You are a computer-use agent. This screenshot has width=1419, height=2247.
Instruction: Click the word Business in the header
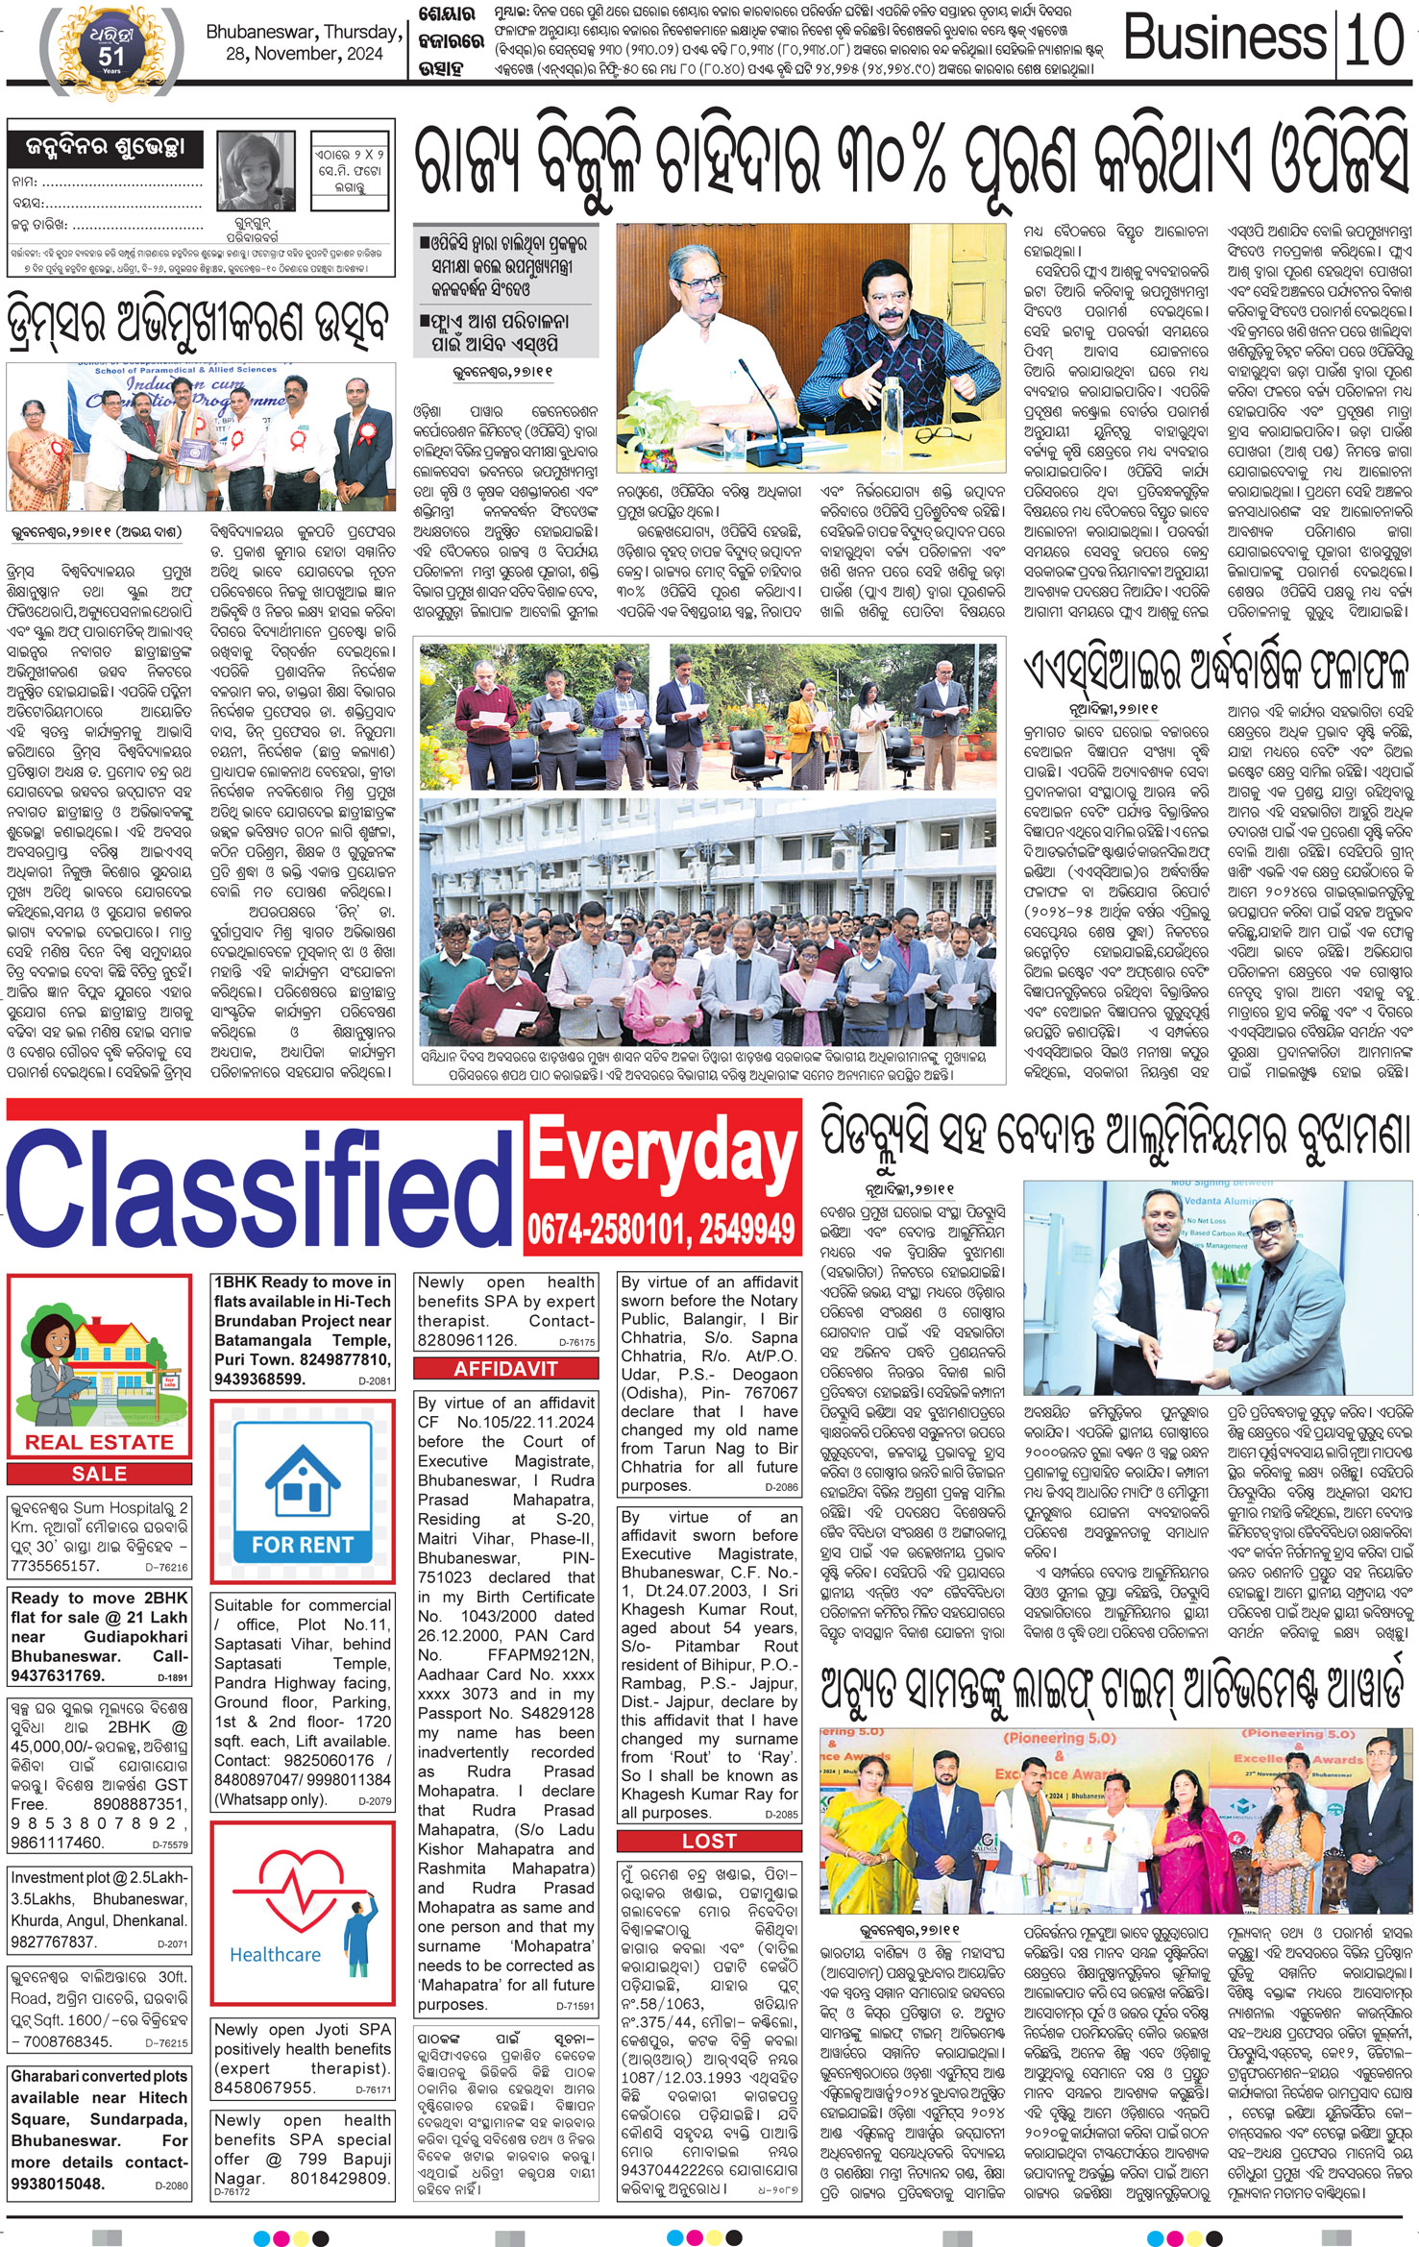(x=1227, y=39)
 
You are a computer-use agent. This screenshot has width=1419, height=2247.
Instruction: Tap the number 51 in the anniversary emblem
(x=111, y=56)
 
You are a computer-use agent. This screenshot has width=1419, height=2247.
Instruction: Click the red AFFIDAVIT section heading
(x=506, y=1369)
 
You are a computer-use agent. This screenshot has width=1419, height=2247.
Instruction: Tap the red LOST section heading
(x=709, y=1841)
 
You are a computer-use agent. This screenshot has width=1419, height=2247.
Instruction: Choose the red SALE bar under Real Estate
(x=100, y=1474)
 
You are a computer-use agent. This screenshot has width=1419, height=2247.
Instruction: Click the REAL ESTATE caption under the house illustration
(x=100, y=1442)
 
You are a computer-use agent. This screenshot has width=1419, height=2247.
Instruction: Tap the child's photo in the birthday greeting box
(x=256, y=170)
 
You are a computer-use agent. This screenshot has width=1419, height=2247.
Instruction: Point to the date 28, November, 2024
(x=304, y=55)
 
